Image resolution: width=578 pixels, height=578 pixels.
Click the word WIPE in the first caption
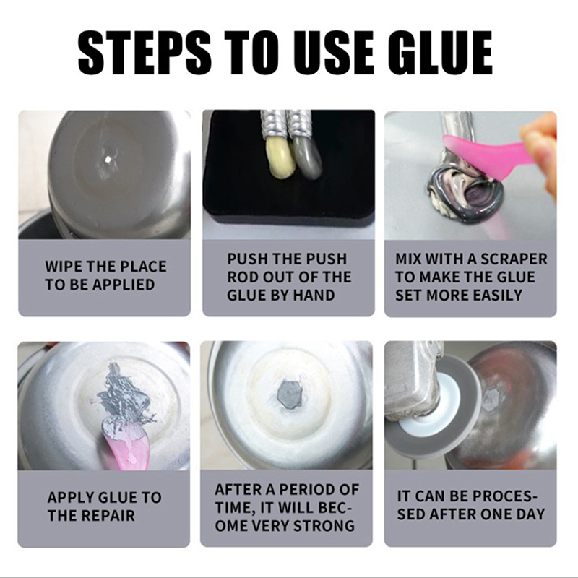pyautogui.click(x=64, y=267)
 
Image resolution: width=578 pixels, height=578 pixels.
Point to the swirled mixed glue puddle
pyautogui.click(x=465, y=195)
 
